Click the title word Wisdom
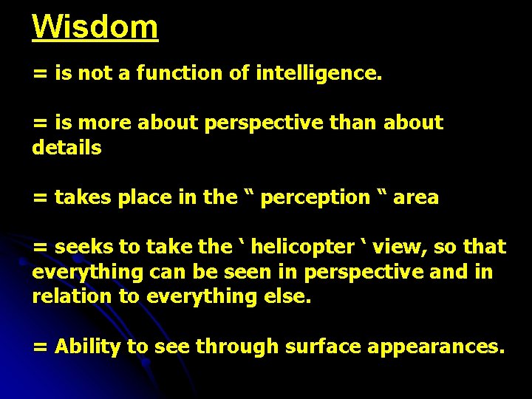click(x=95, y=27)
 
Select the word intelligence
click(x=318, y=73)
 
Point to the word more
click(x=100, y=123)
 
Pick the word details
click(x=66, y=148)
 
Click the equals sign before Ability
click(x=40, y=347)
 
